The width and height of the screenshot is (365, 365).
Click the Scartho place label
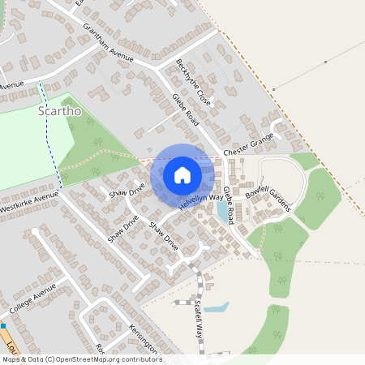(60, 111)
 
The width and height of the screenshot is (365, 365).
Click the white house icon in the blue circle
(182, 174)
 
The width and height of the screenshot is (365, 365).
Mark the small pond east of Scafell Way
(216, 308)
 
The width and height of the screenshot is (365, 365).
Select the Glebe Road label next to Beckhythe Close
(186, 112)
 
